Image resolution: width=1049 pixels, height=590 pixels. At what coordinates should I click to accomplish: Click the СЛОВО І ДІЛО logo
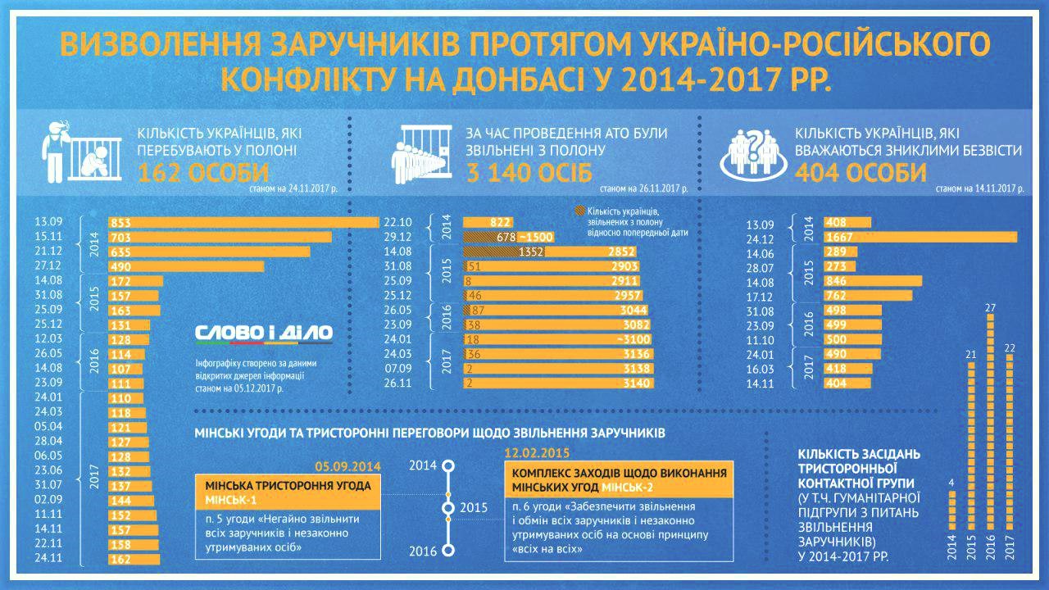tap(264, 333)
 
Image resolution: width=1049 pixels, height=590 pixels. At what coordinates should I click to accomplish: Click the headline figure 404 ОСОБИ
tap(861, 174)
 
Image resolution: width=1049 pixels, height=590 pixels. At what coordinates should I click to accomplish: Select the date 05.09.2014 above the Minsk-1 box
tap(349, 465)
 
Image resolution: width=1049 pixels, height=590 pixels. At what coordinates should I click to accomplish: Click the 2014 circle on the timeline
tap(448, 466)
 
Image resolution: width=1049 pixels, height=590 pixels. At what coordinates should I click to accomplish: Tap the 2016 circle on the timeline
tap(448, 551)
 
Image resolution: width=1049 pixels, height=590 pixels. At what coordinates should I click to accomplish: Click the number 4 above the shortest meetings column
tap(951, 482)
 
